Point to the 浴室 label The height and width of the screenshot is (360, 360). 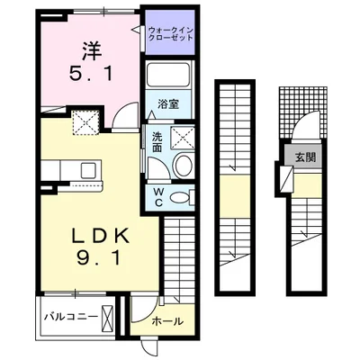[170, 103]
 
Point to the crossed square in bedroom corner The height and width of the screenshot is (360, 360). [85, 121]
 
